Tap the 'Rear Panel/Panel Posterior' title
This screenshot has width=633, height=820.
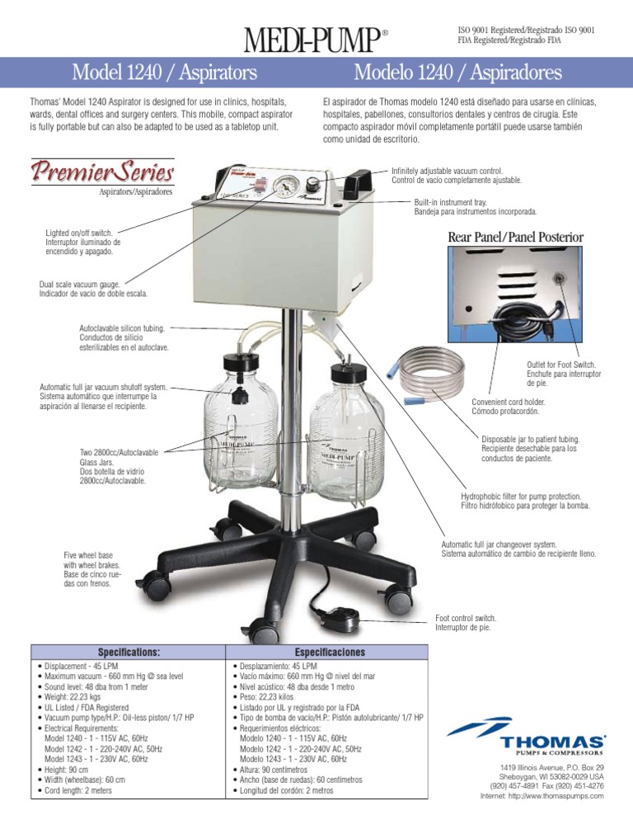click(515, 238)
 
